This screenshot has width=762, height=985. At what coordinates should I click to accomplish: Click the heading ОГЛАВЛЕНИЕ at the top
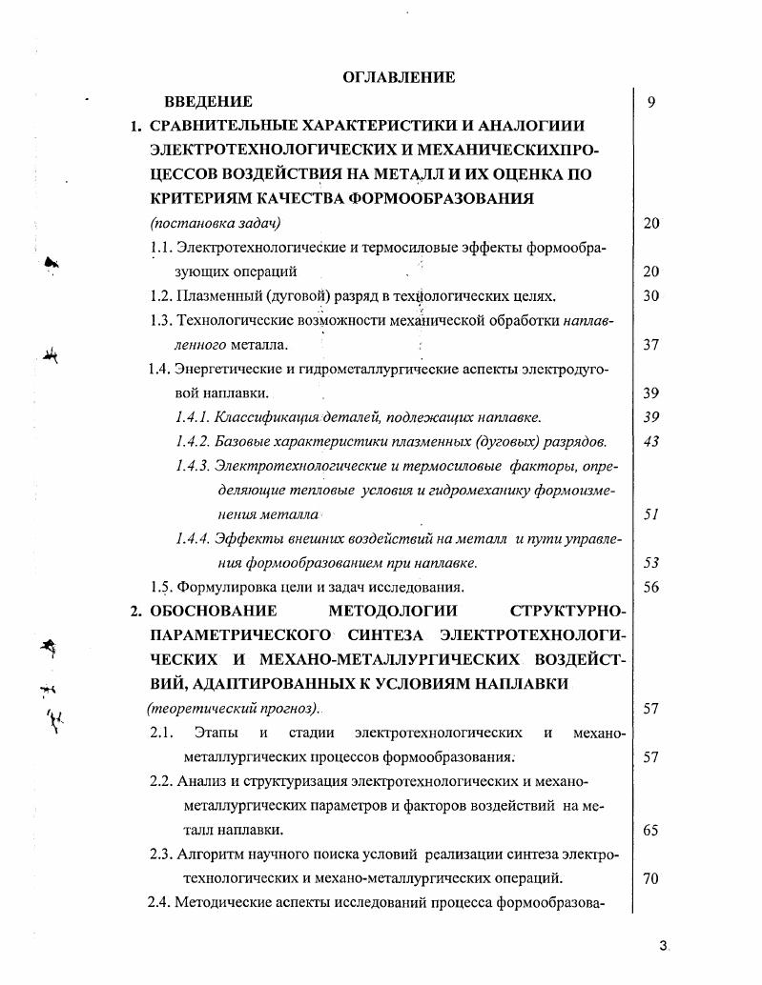398,77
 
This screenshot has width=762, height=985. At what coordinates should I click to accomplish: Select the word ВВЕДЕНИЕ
208,101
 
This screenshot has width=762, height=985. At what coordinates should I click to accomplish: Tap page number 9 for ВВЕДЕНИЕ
650,102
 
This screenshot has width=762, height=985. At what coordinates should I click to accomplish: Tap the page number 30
651,296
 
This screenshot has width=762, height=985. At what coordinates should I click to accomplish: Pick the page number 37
651,345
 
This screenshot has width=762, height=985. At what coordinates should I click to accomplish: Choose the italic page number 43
651,442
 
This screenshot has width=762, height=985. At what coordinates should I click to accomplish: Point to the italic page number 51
651,514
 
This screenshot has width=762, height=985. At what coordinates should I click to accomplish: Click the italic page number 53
651,563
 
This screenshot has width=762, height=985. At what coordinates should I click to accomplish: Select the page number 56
651,588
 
